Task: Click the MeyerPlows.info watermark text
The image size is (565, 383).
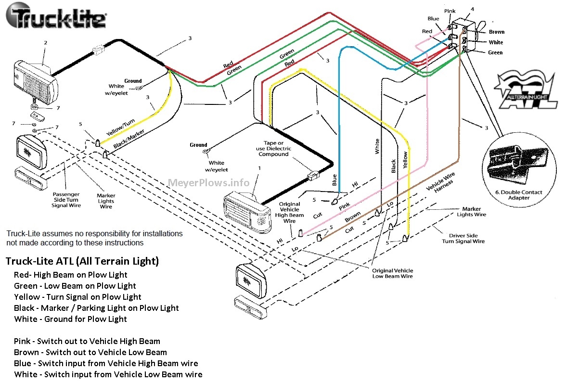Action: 209,183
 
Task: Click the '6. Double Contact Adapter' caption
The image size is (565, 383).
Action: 519,195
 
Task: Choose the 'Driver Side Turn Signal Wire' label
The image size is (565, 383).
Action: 463,238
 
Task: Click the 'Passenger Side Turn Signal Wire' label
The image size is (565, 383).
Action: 66,200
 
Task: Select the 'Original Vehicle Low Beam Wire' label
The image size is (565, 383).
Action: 392,273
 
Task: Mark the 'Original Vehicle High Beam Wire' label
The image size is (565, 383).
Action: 290,212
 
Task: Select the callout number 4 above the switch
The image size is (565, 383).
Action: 472,9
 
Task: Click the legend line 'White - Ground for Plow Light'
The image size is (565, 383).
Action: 70,319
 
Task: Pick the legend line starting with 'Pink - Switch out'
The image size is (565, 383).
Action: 87,341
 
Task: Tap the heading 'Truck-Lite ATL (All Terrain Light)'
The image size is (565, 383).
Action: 82,261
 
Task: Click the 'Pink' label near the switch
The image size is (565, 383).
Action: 449,11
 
